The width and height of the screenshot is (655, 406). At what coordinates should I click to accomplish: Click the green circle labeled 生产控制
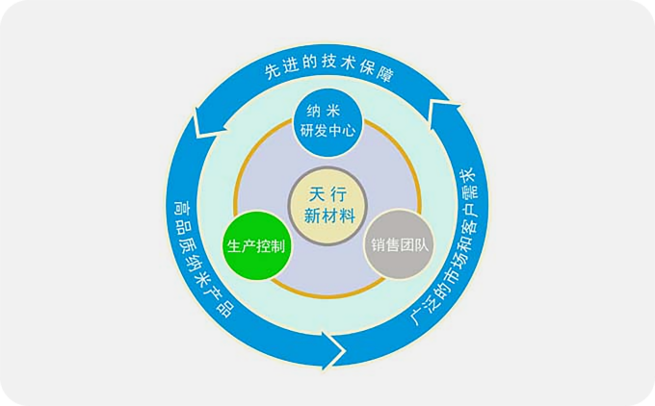[x=256, y=245]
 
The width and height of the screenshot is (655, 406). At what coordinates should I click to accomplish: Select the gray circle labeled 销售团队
[x=399, y=244]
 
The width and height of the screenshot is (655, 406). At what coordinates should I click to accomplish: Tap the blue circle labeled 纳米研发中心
[x=327, y=122]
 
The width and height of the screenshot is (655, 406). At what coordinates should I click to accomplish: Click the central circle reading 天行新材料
[x=327, y=206]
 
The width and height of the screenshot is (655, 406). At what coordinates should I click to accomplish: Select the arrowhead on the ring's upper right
[x=444, y=110]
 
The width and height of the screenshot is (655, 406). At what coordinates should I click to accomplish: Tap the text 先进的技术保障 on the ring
[x=328, y=67]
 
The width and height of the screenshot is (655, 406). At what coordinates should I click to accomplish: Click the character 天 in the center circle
[x=317, y=194]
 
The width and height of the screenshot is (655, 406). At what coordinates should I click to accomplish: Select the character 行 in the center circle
[x=339, y=194]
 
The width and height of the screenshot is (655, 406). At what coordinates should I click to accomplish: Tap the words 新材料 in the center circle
[x=329, y=216]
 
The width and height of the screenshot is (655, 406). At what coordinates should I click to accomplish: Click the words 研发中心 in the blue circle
[x=327, y=131]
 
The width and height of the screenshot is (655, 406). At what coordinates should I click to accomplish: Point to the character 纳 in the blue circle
[x=314, y=111]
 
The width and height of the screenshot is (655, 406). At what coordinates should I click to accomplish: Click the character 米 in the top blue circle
[x=334, y=111]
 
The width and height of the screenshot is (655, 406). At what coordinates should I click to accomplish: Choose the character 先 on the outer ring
[x=271, y=71]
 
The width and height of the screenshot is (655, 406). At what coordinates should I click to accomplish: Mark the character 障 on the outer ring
[x=385, y=74]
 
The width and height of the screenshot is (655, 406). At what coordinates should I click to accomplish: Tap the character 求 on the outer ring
[x=467, y=176]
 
